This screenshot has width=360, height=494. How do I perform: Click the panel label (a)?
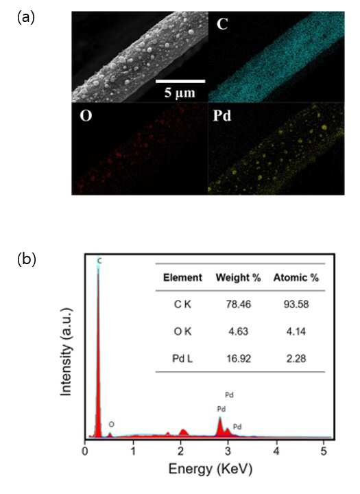pyautogui.click(x=26, y=18)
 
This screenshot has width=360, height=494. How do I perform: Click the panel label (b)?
pyautogui.click(x=27, y=259)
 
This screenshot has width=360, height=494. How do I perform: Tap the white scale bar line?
pyautogui.click(x=180, y=81)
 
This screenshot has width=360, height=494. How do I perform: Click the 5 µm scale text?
pyautogui.click(x=180, y=93)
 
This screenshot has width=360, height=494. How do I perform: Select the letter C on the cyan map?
pyautogui.click(x=222, y=24)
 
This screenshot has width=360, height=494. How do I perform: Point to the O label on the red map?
pyautogui.click(x=86, y=116)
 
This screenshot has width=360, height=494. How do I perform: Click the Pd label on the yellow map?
pyautogui.click(x=222, y=116)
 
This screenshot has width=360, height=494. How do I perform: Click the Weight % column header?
pyautogui.click(x=238, y=278)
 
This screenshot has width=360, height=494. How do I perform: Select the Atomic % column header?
pyautogui.click(x=296, y=278)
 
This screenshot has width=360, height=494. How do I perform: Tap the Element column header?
pyautogui.click(x=182, y=278)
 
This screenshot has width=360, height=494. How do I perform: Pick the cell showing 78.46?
pyautogui.click(x=239, y=305)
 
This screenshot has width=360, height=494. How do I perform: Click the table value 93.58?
pyautogui.click(x=296, y=305)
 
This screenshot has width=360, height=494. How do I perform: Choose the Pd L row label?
pyautogui.click(x=182, y=359)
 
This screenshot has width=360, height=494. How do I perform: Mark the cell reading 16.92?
pyautogui.click(x=239, y=359)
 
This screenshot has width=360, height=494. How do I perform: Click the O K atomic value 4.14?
pyautogui.click(x=296, y=331)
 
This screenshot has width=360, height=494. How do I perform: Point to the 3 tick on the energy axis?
pyautogui.click(x=228, y=451)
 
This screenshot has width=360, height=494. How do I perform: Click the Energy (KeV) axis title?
pyautogui.click(x=211, y=469)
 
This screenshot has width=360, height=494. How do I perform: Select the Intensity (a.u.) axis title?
pyautogui.click(x=66, y=351)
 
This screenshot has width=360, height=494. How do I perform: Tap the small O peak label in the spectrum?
pyautogui.click(x=112, y=425)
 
